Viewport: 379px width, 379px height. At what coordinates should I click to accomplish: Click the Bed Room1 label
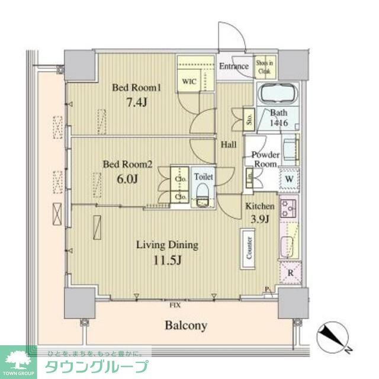click(x=137, y=88)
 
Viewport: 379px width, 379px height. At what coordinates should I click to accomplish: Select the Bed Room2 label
click(x=128, y=165)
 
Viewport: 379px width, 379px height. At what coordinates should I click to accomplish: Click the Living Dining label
click(x=167, y=245)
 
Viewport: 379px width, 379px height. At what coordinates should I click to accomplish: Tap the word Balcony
click(x=185, y=325)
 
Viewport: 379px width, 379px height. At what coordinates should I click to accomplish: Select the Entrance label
click(x=234, y=66)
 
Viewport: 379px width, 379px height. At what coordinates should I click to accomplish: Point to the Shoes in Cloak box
click(x=264, y=66)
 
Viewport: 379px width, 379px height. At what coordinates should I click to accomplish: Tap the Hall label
click(x=229, y=144)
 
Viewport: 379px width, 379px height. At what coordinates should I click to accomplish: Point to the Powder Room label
click(x=265, y=159)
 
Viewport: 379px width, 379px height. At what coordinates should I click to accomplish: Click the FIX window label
click(x=175, y=306)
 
